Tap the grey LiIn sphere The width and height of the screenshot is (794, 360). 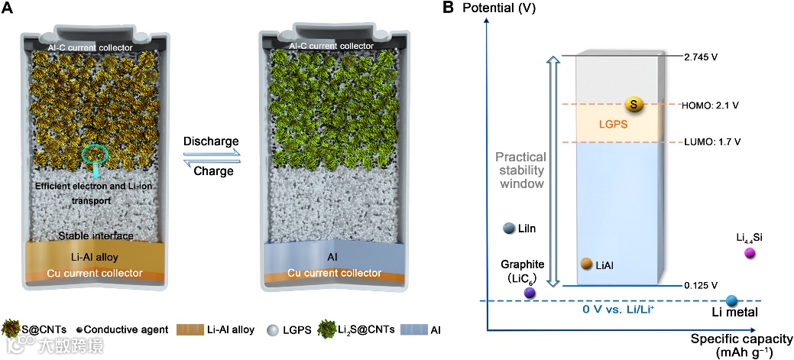(x=509, y=228)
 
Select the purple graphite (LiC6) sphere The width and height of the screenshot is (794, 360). (x=529, y=292)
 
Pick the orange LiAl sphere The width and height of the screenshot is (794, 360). (x=586, y=264)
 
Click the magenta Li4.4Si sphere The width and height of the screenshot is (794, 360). (x=750, y=253)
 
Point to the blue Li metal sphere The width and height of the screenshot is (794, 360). (x=731, y=300)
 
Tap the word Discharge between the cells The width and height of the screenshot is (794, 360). (x=212, y=142)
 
